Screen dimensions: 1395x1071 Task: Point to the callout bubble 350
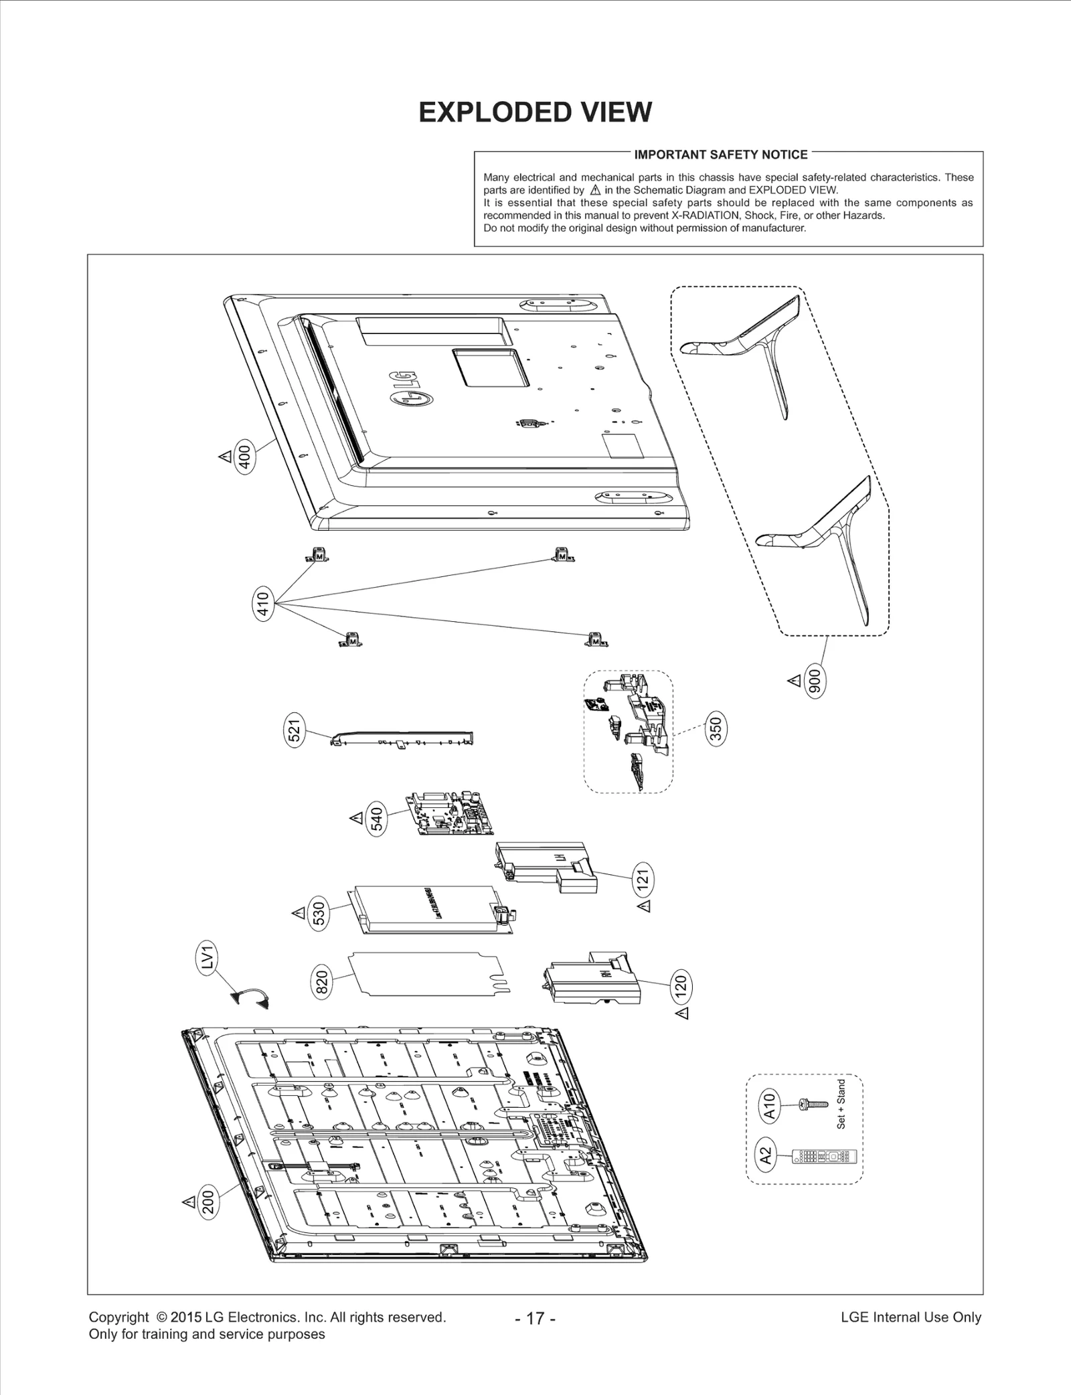[716, 729]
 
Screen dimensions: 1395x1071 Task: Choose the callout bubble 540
[377, 819]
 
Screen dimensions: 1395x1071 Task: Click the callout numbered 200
[208, 1202]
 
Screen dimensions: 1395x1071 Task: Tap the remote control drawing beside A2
[824, 1156]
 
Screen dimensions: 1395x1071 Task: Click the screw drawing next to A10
[813, 1104]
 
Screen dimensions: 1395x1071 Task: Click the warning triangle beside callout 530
[298, 913]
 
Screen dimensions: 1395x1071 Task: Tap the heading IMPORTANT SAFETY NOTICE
[721, 155]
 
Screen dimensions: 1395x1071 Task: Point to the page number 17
[535, 1318]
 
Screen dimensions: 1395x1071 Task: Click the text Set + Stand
[841, 1104]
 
